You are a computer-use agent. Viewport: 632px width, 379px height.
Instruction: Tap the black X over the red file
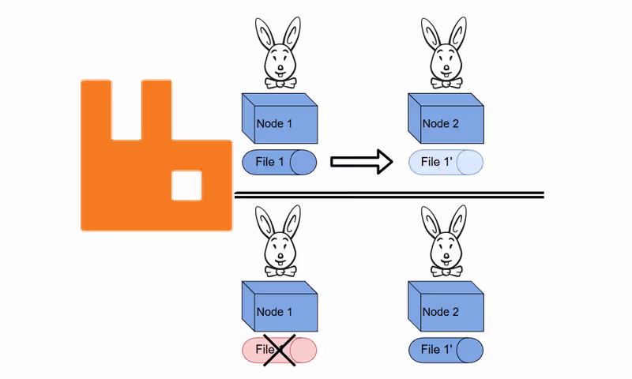[279, 350]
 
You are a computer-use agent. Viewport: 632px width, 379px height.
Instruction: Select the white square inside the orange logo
[187, 185]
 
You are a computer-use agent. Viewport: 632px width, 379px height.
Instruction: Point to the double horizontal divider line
[389, 195]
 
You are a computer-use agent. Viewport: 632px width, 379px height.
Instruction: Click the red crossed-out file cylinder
[279, 351]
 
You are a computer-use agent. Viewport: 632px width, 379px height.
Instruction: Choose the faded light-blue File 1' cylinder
[445, 162]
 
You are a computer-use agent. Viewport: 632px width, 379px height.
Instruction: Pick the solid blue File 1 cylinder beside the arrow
[279, 162]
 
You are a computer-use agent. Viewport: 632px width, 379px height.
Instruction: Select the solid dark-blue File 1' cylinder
[445, 350]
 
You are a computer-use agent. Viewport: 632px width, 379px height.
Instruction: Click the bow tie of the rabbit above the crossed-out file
[280, 271]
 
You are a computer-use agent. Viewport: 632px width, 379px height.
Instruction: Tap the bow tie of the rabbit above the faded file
[446, 82]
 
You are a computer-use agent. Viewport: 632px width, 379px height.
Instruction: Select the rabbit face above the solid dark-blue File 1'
[446, 250]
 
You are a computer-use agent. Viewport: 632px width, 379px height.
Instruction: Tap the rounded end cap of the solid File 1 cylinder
[303, 162]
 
